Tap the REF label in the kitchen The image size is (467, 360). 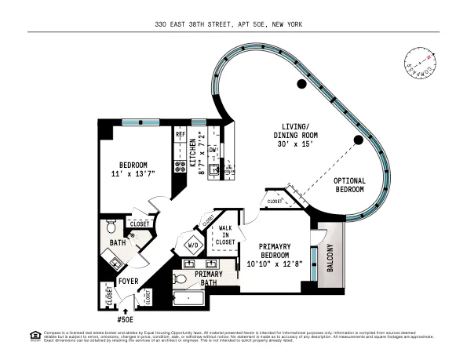coord(181,135)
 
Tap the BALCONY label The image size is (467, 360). coord(330,258)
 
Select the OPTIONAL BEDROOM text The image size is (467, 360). coord(350,185)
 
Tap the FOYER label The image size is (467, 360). coord(127,280)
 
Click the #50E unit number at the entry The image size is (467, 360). coord(126,320)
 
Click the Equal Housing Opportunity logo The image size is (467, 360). coord(34,336)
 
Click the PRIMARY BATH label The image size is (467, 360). coord(207,278)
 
